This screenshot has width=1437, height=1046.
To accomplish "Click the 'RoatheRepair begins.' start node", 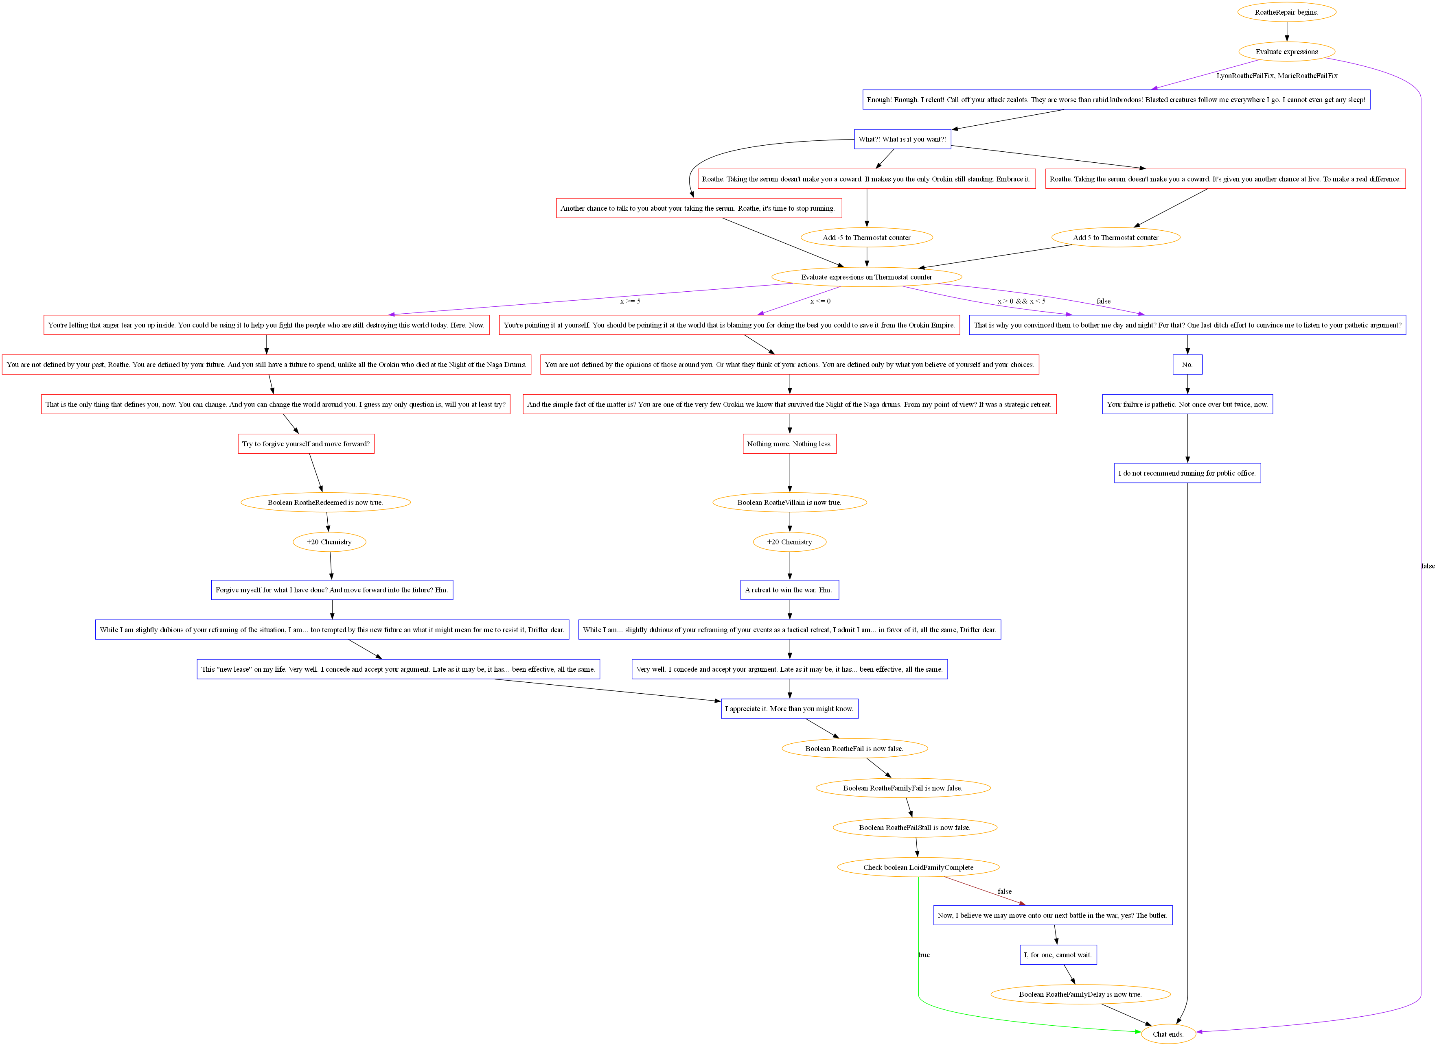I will click(x=1286, y=12).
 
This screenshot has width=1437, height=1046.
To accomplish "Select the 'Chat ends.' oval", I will click(x=1168, y=1034).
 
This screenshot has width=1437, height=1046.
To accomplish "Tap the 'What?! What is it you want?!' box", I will click(x=902, y=139).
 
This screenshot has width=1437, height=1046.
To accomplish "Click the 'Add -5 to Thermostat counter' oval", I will click(x=866, y=238).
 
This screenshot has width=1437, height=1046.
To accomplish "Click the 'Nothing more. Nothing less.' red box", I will click(x=789, y=444).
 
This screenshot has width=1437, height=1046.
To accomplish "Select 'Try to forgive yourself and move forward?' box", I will click(x=306, y=444).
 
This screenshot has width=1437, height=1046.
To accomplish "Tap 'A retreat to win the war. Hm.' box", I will click(x=789, y=590).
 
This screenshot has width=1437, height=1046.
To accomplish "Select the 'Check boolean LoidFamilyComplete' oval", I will click(x=918, y=867).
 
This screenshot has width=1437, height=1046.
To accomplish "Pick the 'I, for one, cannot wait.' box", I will click(x=1058, y=955).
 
